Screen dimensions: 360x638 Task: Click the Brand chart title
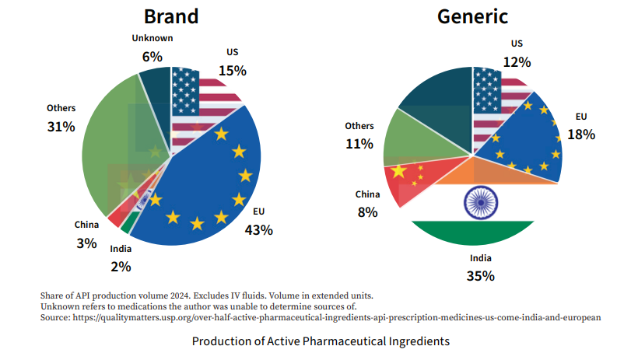[171, 16]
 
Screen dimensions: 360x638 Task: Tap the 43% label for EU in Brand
[258, 230]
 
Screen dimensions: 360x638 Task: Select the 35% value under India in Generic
[480, 275]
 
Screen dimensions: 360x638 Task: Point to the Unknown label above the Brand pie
[152, 38]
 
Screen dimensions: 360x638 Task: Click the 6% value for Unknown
[152, 56]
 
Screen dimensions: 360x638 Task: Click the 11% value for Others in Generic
[359, 144]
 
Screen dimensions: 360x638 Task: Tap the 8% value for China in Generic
[367, 211]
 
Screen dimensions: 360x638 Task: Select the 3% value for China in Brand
[86, 243]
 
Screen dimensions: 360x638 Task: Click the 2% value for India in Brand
[121, 267]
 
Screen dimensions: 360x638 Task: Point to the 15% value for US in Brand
[232, 70]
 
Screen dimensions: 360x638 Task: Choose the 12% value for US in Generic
[517, 61]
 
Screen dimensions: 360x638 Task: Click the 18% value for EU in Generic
[581, 134]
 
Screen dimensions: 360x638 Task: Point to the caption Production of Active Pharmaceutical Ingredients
[321, 341]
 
